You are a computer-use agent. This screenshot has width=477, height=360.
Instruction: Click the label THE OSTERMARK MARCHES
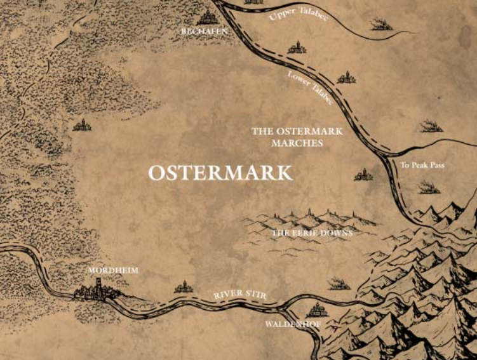pyautogui.click(x=297, y=137)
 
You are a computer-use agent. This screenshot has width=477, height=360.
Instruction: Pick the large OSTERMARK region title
pyautogui.click(x=220, y=173)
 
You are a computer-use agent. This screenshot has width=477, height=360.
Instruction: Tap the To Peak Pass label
pyautogui.click(x=422, y=166)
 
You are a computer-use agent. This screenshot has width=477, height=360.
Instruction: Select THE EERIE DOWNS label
pyautogui.click(x=312, y=234)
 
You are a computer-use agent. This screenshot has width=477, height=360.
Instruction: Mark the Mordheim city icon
pyautogui.click(x=95, y=291)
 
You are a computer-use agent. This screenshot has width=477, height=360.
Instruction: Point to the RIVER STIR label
pyautogui.click(x=239, y=295)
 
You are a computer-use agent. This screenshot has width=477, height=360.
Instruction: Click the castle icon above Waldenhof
pyautogui.click(x=316, y=310)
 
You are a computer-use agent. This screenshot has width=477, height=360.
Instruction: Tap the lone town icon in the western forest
pyautogui.click(x=82, y=126)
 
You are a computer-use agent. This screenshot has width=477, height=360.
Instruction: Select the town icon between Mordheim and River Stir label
pyautogui.click(x=184, y=288)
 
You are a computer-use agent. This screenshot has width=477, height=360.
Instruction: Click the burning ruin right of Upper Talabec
pyautogui.click(x=382, y=25)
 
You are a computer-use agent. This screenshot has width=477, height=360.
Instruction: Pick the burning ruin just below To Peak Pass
pyautogui.click(x=429, y=187)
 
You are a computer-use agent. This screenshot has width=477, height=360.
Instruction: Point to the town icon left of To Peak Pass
pyautogui.click(x=363, y=174)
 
